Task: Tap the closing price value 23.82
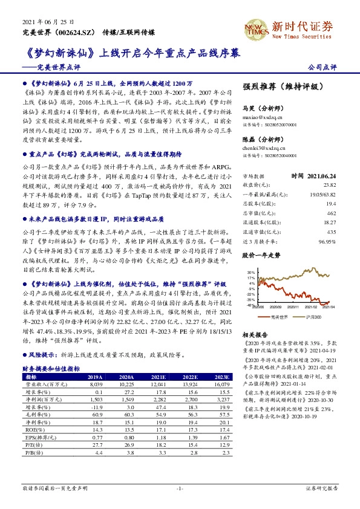[329, 185]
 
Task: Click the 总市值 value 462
[331, 214]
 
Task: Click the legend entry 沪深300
[312, 316]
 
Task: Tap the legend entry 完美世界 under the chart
[275, 316]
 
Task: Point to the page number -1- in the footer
[180, 487]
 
